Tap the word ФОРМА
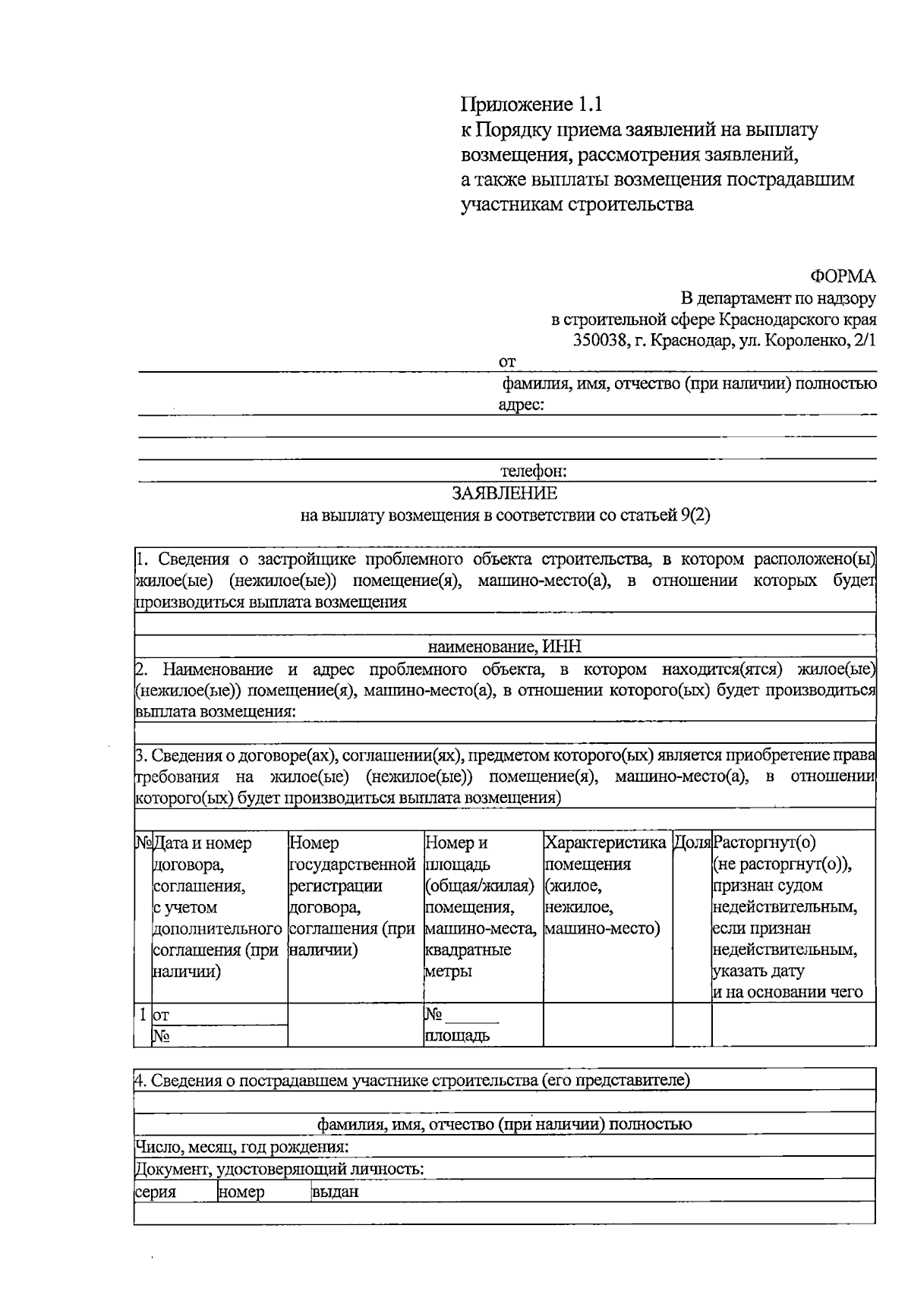843,276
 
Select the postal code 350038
600,340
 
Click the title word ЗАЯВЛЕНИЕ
505,493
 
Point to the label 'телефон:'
534,471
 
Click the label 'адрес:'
521,405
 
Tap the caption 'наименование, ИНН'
505,647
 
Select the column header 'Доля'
692,843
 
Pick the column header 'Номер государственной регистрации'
352,864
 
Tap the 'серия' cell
156,1192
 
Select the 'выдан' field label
335,1192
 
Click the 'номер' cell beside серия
241,1192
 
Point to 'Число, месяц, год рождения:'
242,1147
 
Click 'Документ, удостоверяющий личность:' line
279,1169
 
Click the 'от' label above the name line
506,362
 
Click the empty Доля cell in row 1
692,1025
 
